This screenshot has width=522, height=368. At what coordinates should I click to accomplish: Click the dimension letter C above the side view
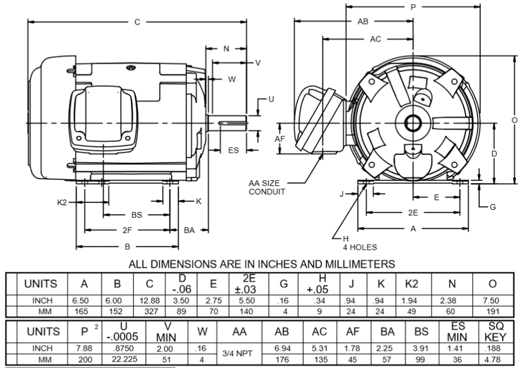138,22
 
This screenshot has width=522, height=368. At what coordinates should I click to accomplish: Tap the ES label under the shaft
233,151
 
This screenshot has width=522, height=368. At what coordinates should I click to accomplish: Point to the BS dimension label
137,215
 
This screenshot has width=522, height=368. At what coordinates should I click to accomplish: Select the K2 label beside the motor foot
62,202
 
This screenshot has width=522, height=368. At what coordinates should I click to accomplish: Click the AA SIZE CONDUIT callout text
267,188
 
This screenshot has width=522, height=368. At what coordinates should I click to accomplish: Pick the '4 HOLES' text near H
360,247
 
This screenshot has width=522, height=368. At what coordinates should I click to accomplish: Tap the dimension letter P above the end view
414,7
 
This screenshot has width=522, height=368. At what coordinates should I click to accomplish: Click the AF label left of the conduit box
280,139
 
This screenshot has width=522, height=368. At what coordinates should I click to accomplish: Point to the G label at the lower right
493,207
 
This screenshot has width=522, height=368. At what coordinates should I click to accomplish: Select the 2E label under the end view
413,212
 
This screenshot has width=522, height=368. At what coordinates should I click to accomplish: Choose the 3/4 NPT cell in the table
240,353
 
